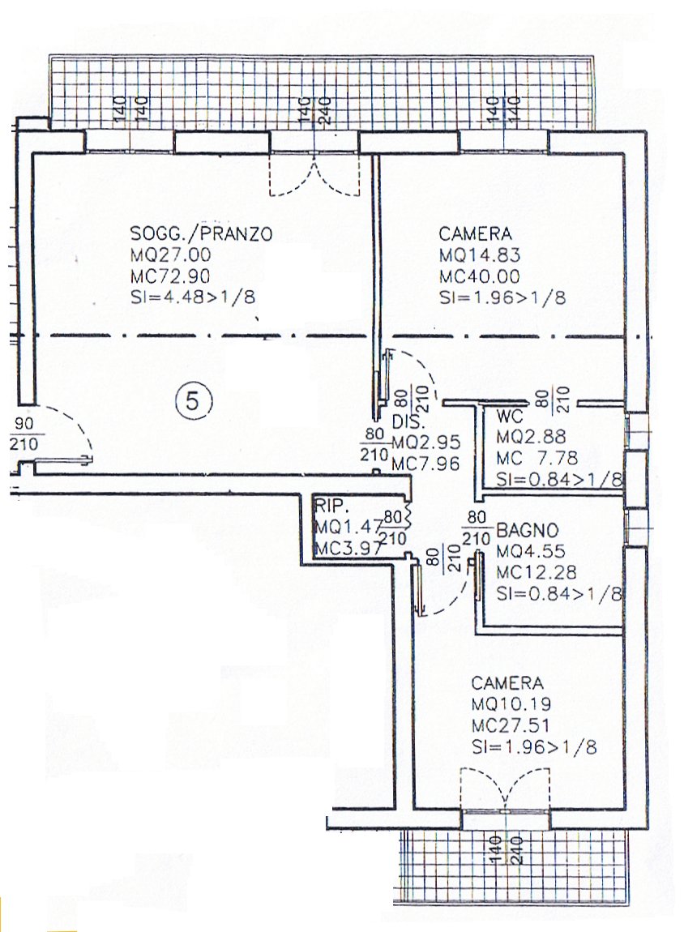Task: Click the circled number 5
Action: point(193,403)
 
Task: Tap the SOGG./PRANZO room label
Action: point(201,233)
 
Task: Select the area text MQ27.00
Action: point(170,255)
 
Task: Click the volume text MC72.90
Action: point(170,276)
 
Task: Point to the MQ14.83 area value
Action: point(480,255)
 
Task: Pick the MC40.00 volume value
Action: point(480,276)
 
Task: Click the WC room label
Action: point(509,416)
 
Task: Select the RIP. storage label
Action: point(331,507)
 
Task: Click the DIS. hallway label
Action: point(408,422)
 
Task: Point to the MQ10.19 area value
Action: point(511,704)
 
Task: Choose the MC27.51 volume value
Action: point(511,726)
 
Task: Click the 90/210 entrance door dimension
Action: point(24,434)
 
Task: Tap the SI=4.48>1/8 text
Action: point(193,297)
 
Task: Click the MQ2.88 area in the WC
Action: point(531,437)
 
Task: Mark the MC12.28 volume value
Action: point(536,572)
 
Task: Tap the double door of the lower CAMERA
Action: point(505,789)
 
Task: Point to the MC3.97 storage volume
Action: point(348,548)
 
